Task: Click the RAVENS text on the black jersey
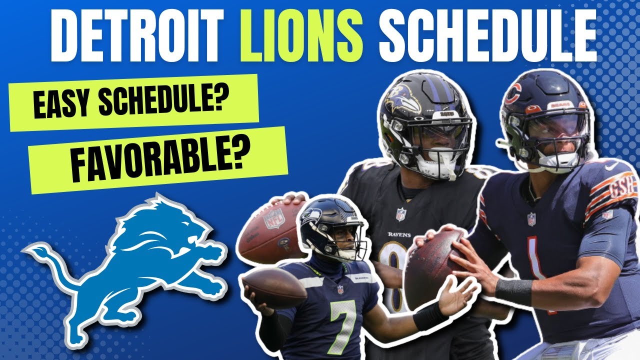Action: coord(399,234)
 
